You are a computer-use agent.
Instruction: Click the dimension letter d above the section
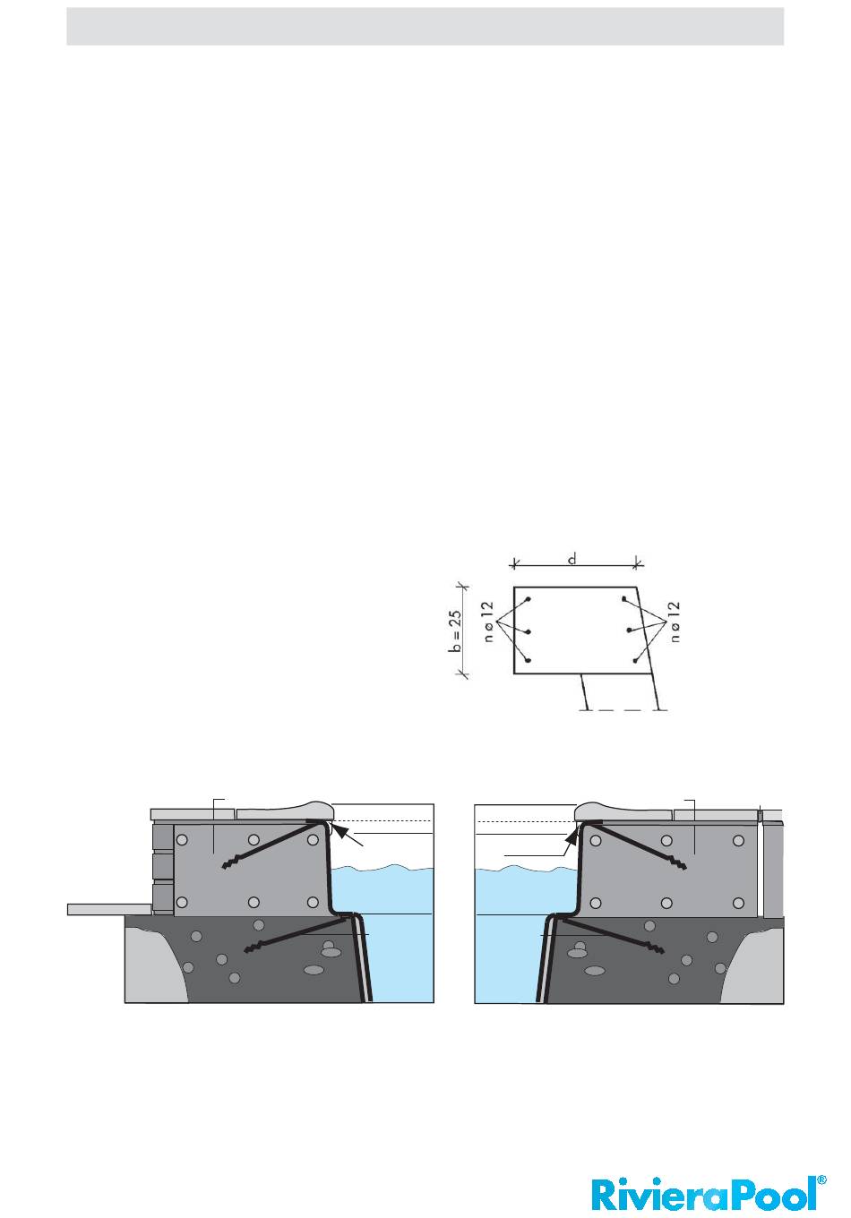point(572,559)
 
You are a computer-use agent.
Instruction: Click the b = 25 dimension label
point(456,630)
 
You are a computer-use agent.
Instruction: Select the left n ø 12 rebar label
point(488,622)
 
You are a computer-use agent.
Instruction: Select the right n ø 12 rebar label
point(675,622)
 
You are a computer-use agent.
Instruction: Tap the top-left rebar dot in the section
point(529,600)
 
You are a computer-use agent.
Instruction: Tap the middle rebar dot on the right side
point(629,630)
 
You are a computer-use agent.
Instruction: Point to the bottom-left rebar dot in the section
point(528,660)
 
